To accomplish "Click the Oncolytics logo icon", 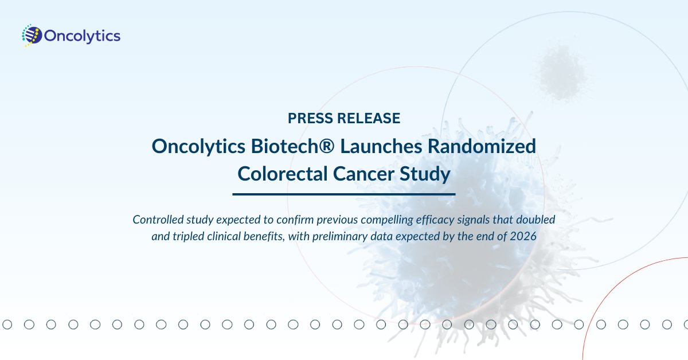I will (32, 36).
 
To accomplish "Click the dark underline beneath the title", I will (343, 194).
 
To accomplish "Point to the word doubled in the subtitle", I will (535, 220).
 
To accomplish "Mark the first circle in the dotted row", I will (7, 325).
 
